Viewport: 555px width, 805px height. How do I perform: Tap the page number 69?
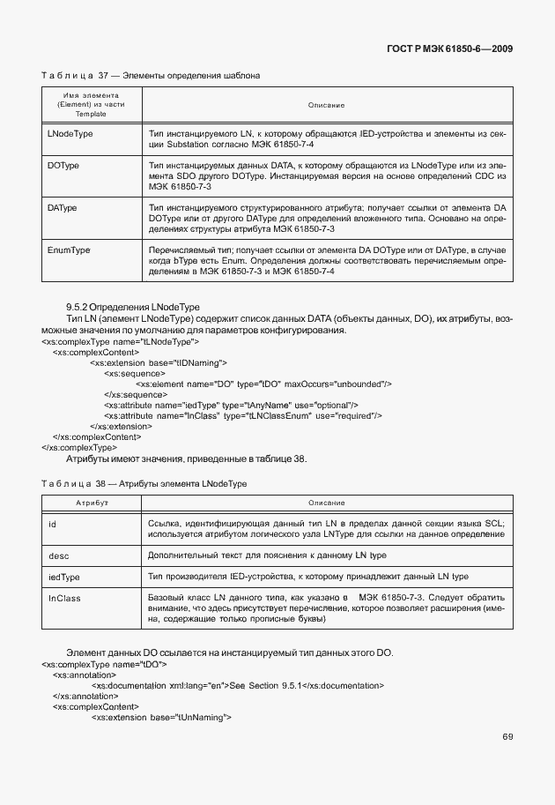507,737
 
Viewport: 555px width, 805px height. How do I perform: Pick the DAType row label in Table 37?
62,207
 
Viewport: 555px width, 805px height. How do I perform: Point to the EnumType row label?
68,250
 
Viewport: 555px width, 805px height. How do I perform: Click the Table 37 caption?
151,76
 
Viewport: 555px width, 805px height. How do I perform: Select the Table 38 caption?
144,485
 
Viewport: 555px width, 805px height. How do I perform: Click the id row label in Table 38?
52,524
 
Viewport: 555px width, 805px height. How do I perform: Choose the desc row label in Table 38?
57,555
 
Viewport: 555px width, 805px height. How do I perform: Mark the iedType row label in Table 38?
63,577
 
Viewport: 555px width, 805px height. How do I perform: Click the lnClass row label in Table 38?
63,599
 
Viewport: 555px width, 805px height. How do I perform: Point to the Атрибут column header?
92,503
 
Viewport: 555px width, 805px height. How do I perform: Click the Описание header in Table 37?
326,105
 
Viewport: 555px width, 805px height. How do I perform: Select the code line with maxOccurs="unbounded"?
263,384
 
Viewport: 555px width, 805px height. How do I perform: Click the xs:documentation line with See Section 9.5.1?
238,685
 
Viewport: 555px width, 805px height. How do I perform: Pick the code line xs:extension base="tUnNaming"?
160,717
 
